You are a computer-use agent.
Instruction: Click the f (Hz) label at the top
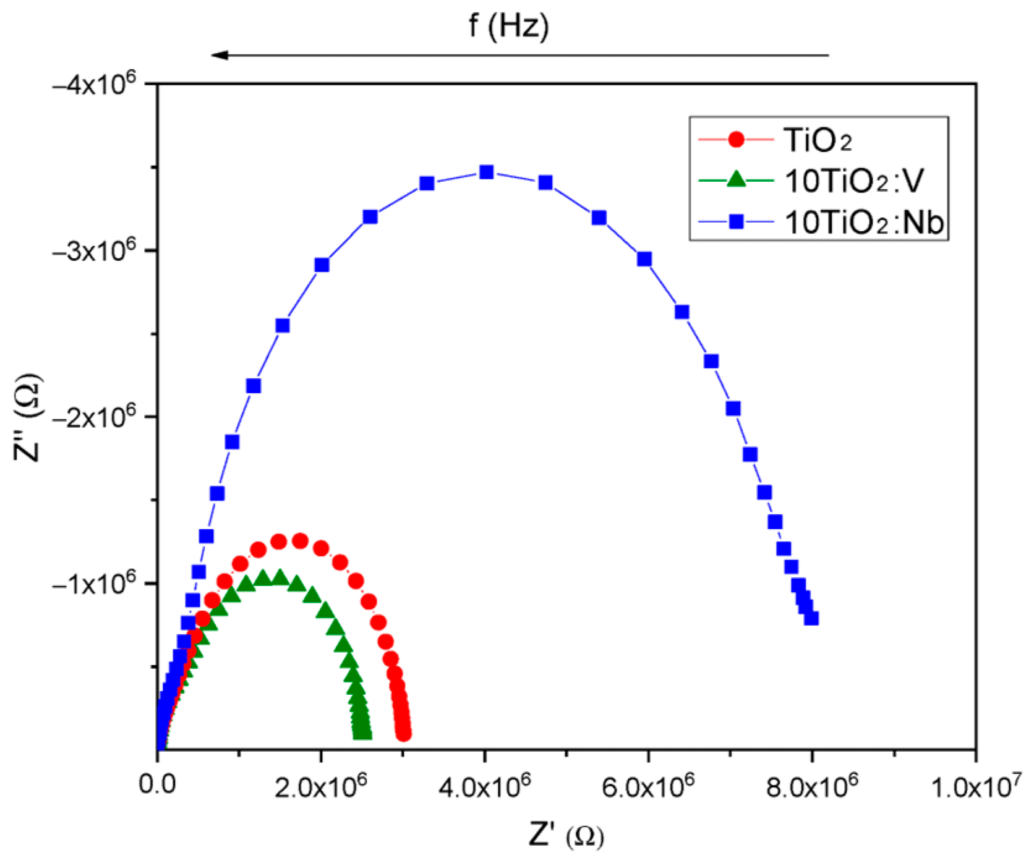508,26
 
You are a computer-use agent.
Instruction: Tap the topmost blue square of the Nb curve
487,172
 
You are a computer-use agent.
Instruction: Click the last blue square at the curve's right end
811,618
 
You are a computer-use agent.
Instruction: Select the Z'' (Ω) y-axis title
28,417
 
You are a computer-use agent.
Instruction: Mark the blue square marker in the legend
736,222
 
